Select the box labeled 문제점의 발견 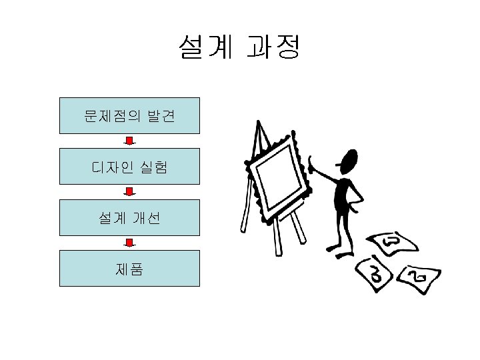click(x=129, y=116)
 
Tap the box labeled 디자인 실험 click(x=129, y=166)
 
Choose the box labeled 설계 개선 click(x=129, y=217)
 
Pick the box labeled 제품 click(x=129, y=268)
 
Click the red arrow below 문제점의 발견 click(x=131, y=141)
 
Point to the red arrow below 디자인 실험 click(x=131, y=192)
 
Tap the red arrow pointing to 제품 click(x=131, y=243)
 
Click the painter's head click(x=348, y=162)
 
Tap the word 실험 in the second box click(x=153, y=166)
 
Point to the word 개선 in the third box click(x=145, y=217)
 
